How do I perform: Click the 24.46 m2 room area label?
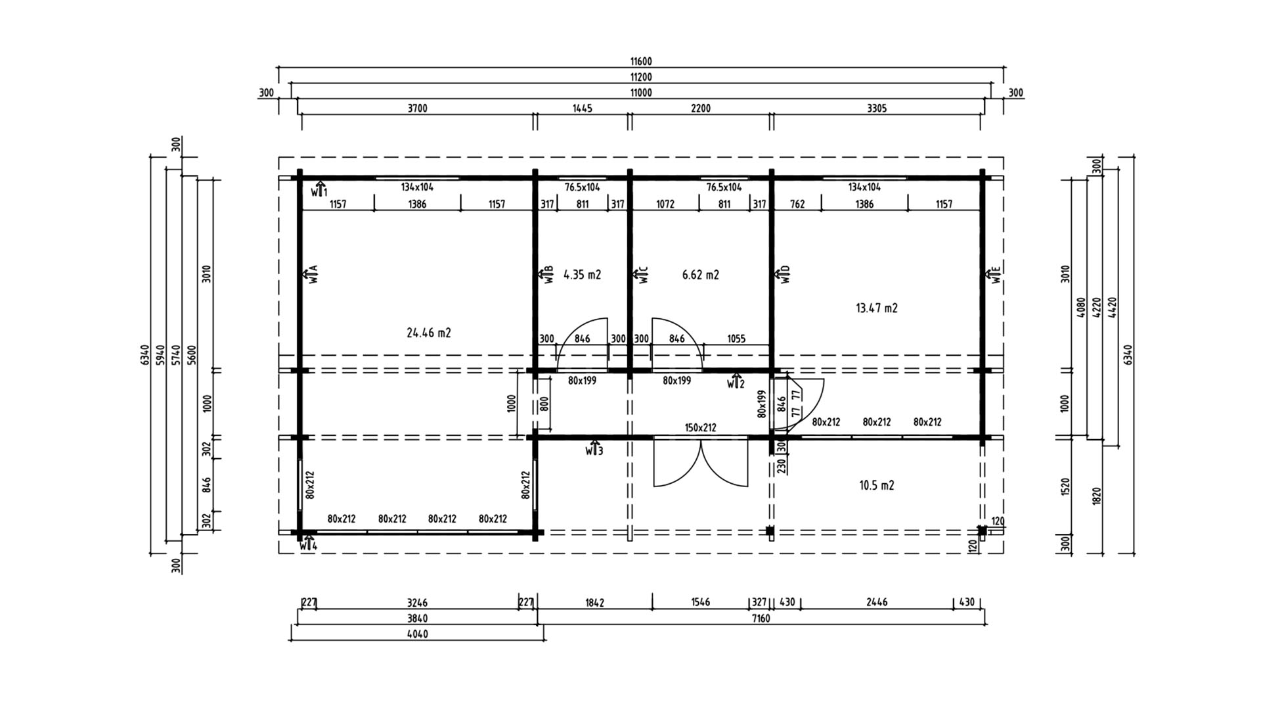click(429, 333)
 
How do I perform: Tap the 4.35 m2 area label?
click(583, 275)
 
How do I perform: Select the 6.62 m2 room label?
click(701, 275)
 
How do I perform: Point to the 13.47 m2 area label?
click(877, 308)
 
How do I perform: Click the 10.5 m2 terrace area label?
click(877, 485)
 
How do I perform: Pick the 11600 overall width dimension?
click(641, 62)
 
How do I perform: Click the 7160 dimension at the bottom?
click(761, 618)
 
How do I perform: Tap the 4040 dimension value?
click(418, 634)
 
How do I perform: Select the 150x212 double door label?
click(701, 427)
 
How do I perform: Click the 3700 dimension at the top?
click(418, 108)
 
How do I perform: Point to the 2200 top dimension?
click(701, 108)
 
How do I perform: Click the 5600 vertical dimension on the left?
click(192, 355)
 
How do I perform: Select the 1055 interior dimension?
click(736, 339)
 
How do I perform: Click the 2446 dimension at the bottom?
click(877, 602)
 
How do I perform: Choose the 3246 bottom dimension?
click(418, 602)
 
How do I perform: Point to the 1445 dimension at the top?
click(583, 108)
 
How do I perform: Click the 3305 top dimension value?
click(877, 108)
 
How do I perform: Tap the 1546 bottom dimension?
click(701, 602)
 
